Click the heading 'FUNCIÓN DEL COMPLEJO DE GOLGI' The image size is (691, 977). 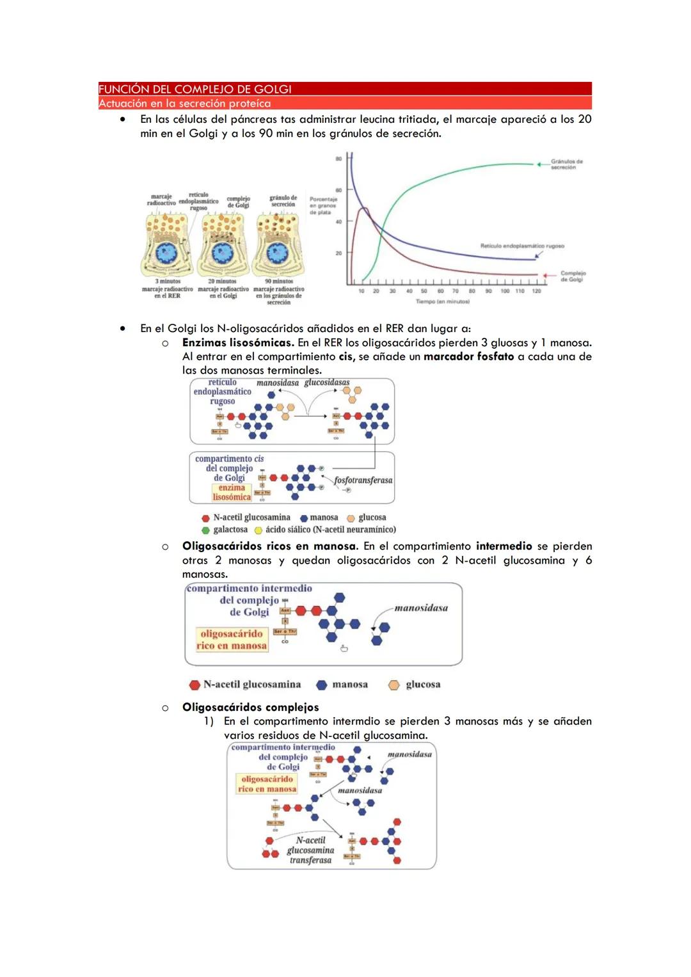point(195,89)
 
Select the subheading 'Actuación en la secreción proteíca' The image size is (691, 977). point(185,103)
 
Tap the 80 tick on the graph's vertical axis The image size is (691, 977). point(338,158)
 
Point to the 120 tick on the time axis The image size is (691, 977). point(536,291)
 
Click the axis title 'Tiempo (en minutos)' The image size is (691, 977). point(443,301)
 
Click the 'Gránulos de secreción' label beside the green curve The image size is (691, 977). point(566,164)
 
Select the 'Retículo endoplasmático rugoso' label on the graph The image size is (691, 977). point(522,246)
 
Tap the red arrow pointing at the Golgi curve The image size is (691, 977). point(548,275)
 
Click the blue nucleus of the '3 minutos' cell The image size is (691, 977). point(168,254)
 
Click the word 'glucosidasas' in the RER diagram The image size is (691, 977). point(327,383)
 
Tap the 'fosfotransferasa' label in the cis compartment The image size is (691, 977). point(363,480)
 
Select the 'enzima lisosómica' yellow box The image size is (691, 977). point(232,492)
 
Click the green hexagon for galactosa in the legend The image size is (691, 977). point(205,530)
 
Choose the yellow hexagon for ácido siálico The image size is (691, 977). point(258,530)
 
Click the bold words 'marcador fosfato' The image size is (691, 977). point(468,356)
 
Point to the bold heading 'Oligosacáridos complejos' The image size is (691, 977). point(250,707)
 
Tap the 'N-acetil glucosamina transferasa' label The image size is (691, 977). point(310,850)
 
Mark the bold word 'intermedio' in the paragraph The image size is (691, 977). point(504,546)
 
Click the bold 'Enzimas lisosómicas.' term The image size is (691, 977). point(238,342)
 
